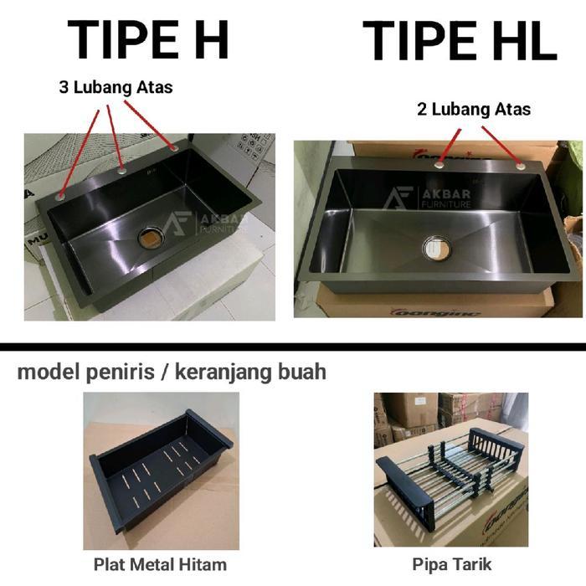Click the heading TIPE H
148,40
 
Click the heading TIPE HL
460,40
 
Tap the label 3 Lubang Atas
116,87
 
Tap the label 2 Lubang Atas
473,109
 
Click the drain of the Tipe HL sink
436,247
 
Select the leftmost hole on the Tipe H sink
60,196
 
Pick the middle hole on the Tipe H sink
122,170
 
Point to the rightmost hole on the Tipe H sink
174,148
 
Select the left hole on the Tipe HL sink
439,165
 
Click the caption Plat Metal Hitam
162,563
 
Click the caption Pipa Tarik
451,563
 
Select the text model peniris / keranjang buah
172,372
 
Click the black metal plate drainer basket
159,469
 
